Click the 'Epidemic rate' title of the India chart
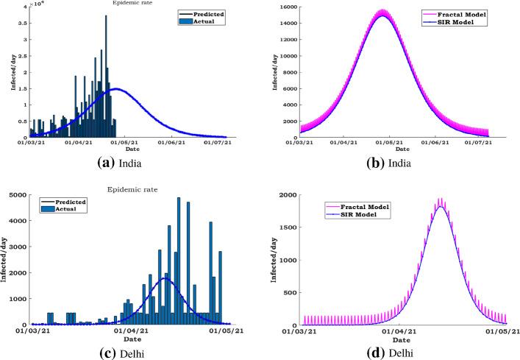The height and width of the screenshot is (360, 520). click(x=127, y=3)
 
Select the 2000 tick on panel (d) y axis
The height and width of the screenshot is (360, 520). click(x=289, y=195)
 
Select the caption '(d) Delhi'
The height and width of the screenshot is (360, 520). click(x=402, y=353)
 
